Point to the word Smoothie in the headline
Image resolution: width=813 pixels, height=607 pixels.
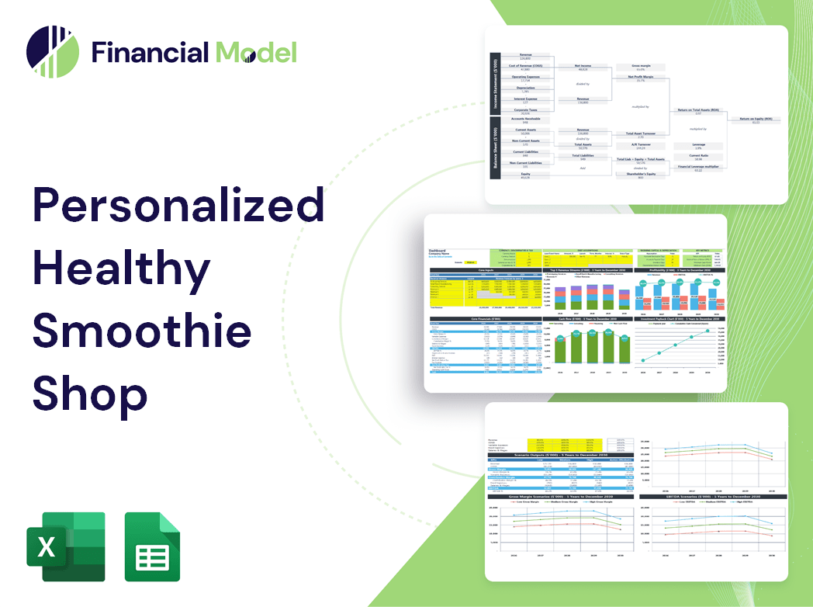[x=142, y=331]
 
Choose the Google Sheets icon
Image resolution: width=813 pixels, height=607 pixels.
[x=153, y=546]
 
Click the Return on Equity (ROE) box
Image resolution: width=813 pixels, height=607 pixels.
[x=755, y=120]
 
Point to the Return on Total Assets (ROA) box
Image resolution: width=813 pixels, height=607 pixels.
[x=698, y=111]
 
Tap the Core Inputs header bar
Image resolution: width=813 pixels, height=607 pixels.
[x=486, y=271]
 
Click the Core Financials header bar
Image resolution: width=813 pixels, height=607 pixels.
[x=486, y=319]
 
